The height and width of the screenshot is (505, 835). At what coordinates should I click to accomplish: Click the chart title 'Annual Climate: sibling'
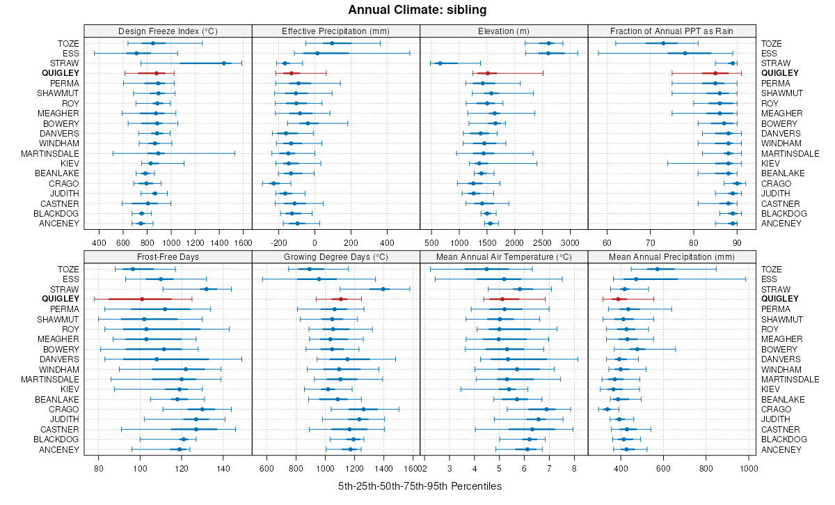point(417,10)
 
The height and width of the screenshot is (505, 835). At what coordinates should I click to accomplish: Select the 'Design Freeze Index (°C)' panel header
point(168,31)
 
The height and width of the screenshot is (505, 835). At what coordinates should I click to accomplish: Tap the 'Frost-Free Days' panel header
point(168,257)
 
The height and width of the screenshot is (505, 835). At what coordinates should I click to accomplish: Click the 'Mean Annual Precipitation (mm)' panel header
point(671,257)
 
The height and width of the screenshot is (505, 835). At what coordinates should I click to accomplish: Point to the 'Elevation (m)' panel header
point(504,31)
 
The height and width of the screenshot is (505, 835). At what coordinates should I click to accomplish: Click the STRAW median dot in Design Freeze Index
point(223,63)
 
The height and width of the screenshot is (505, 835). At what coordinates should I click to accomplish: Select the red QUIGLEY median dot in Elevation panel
point(488,73)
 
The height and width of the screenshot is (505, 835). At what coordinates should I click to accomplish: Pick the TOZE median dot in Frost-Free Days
point(133,269)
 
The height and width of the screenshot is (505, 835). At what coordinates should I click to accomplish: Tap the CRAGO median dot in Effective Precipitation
point(273,183)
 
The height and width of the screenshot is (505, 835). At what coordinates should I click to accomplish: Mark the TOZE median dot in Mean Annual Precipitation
point(657,269)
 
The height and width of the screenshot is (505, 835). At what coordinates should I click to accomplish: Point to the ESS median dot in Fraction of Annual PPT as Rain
point(685,53)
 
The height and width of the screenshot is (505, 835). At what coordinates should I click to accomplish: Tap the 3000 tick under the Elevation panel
point(570,242)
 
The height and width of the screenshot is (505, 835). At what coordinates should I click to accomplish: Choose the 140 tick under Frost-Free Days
point(223,468)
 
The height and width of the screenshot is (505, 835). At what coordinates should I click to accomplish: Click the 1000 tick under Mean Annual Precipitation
point(749,468)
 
